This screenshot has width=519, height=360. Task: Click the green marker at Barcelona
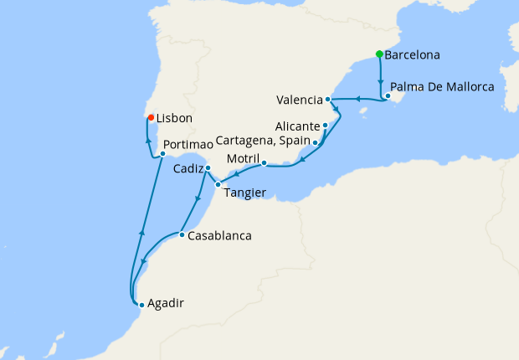[x=379, y=54]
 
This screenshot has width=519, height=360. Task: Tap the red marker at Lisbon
[x=151, y=118]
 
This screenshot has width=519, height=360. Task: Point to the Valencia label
[x=299, y=100]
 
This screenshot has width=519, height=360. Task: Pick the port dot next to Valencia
[x=328, y=100]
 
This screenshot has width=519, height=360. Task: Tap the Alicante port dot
[x=325, y=126]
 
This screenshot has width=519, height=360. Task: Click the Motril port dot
[x=264, y=163]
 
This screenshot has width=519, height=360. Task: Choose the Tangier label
[x=244, y=193]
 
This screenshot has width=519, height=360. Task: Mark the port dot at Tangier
[x=218, y=184]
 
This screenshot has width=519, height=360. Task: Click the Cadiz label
[x=188, y=169]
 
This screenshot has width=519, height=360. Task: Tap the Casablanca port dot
[x=182, y=234]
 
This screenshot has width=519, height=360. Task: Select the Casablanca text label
[x=219, y=236]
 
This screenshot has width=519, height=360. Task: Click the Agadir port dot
[x=141, y=305]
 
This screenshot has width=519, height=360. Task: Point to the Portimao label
[x=188, y=145]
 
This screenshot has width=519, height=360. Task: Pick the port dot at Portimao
[x=162, y=154]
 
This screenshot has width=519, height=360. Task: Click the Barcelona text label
[x=414, y=55]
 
